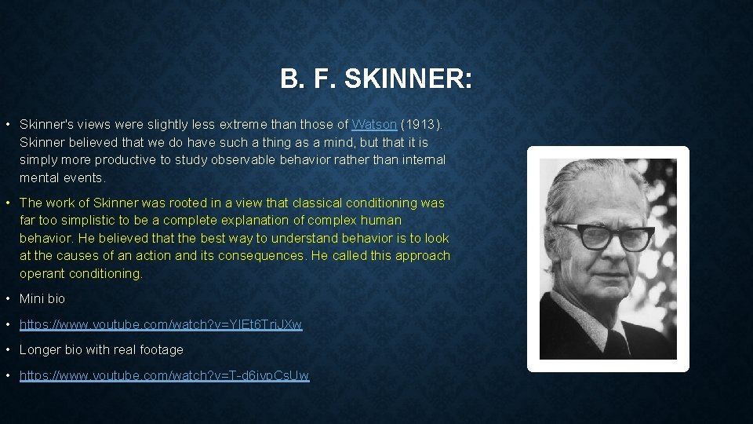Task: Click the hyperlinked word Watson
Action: click(x=374, y=125)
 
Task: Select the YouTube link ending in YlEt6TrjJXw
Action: click(x=161, y=324)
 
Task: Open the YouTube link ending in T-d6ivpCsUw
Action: click(x=164, y=376)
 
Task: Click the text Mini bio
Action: click(x=42, y=299)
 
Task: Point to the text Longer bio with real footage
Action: click(x=101, y=350)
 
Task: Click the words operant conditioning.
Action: click(x=81, y=274)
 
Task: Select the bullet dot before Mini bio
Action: click(x=7, y=299)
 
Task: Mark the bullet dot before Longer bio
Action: click(x=7, y=350)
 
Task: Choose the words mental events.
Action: click(x=62, y=177)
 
